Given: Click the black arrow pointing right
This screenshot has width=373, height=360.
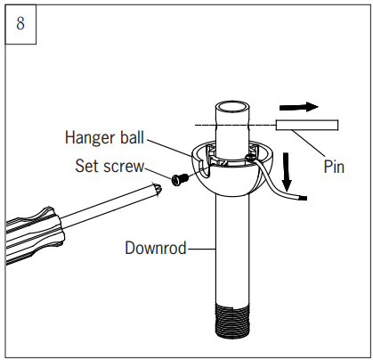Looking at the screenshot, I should (304, 107).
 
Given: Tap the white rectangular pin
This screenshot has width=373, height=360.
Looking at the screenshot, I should (306, 127).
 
